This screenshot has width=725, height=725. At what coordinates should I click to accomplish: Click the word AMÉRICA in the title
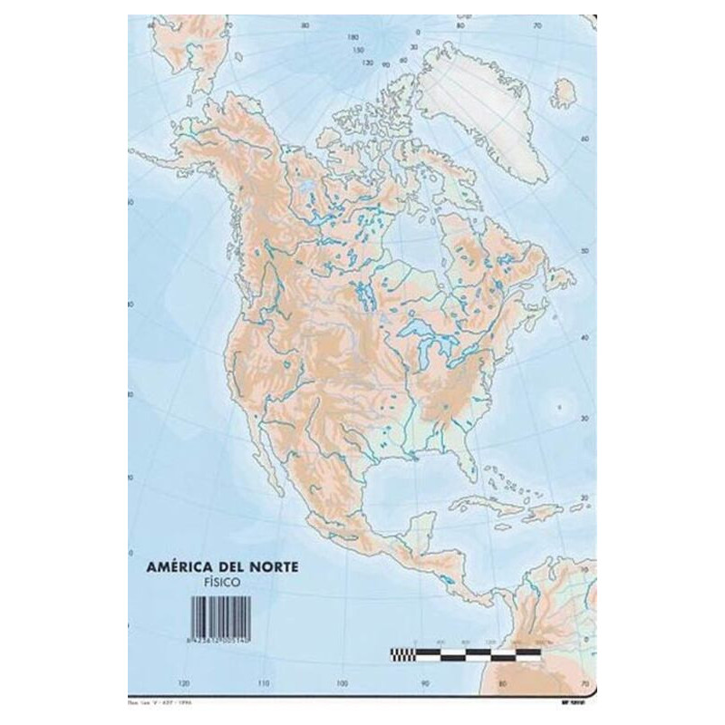click(177, 568)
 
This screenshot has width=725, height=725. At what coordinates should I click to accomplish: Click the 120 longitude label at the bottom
click(184, 682)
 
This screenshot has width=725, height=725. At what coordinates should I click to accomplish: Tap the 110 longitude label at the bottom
click(263, 682)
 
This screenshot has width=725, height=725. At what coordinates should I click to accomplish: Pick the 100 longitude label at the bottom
click(343, 682)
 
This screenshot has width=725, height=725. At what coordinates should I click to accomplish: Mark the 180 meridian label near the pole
click(353, 38)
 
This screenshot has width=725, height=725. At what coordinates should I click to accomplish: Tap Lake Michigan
click(429, 349)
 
